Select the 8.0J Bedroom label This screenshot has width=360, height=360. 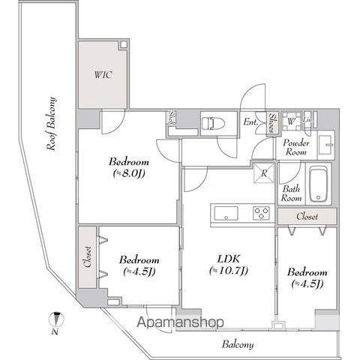(x=128, y=169)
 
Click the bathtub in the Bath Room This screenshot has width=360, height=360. (x=319, y=184)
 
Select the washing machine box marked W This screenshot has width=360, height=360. (x=291, y=120)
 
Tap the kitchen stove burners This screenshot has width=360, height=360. (x=261, y=212)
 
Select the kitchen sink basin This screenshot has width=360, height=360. (x=226, y=213)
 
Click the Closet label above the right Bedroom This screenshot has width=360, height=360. (x=305, y=216)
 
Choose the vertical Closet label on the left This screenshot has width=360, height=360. (x=87, y=258)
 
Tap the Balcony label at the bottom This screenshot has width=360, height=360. (x=238, y=345)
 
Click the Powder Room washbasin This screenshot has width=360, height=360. (x=325, y=142)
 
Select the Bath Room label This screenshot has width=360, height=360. (x=292, y=194)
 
